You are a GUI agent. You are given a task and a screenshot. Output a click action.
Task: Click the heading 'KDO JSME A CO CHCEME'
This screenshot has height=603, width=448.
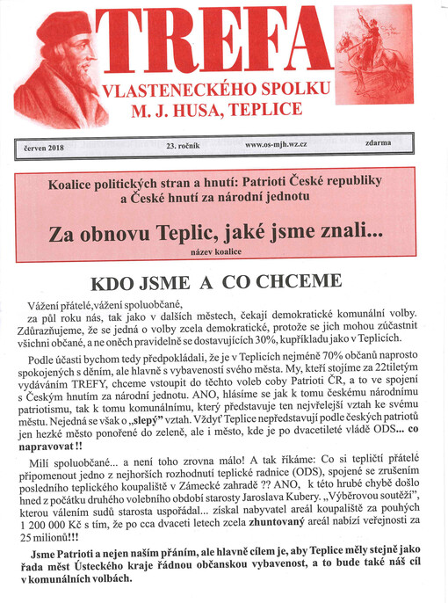[x=216, y=283]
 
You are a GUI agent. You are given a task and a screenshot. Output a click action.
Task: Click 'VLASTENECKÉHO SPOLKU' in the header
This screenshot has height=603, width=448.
[x=217, y=90]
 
